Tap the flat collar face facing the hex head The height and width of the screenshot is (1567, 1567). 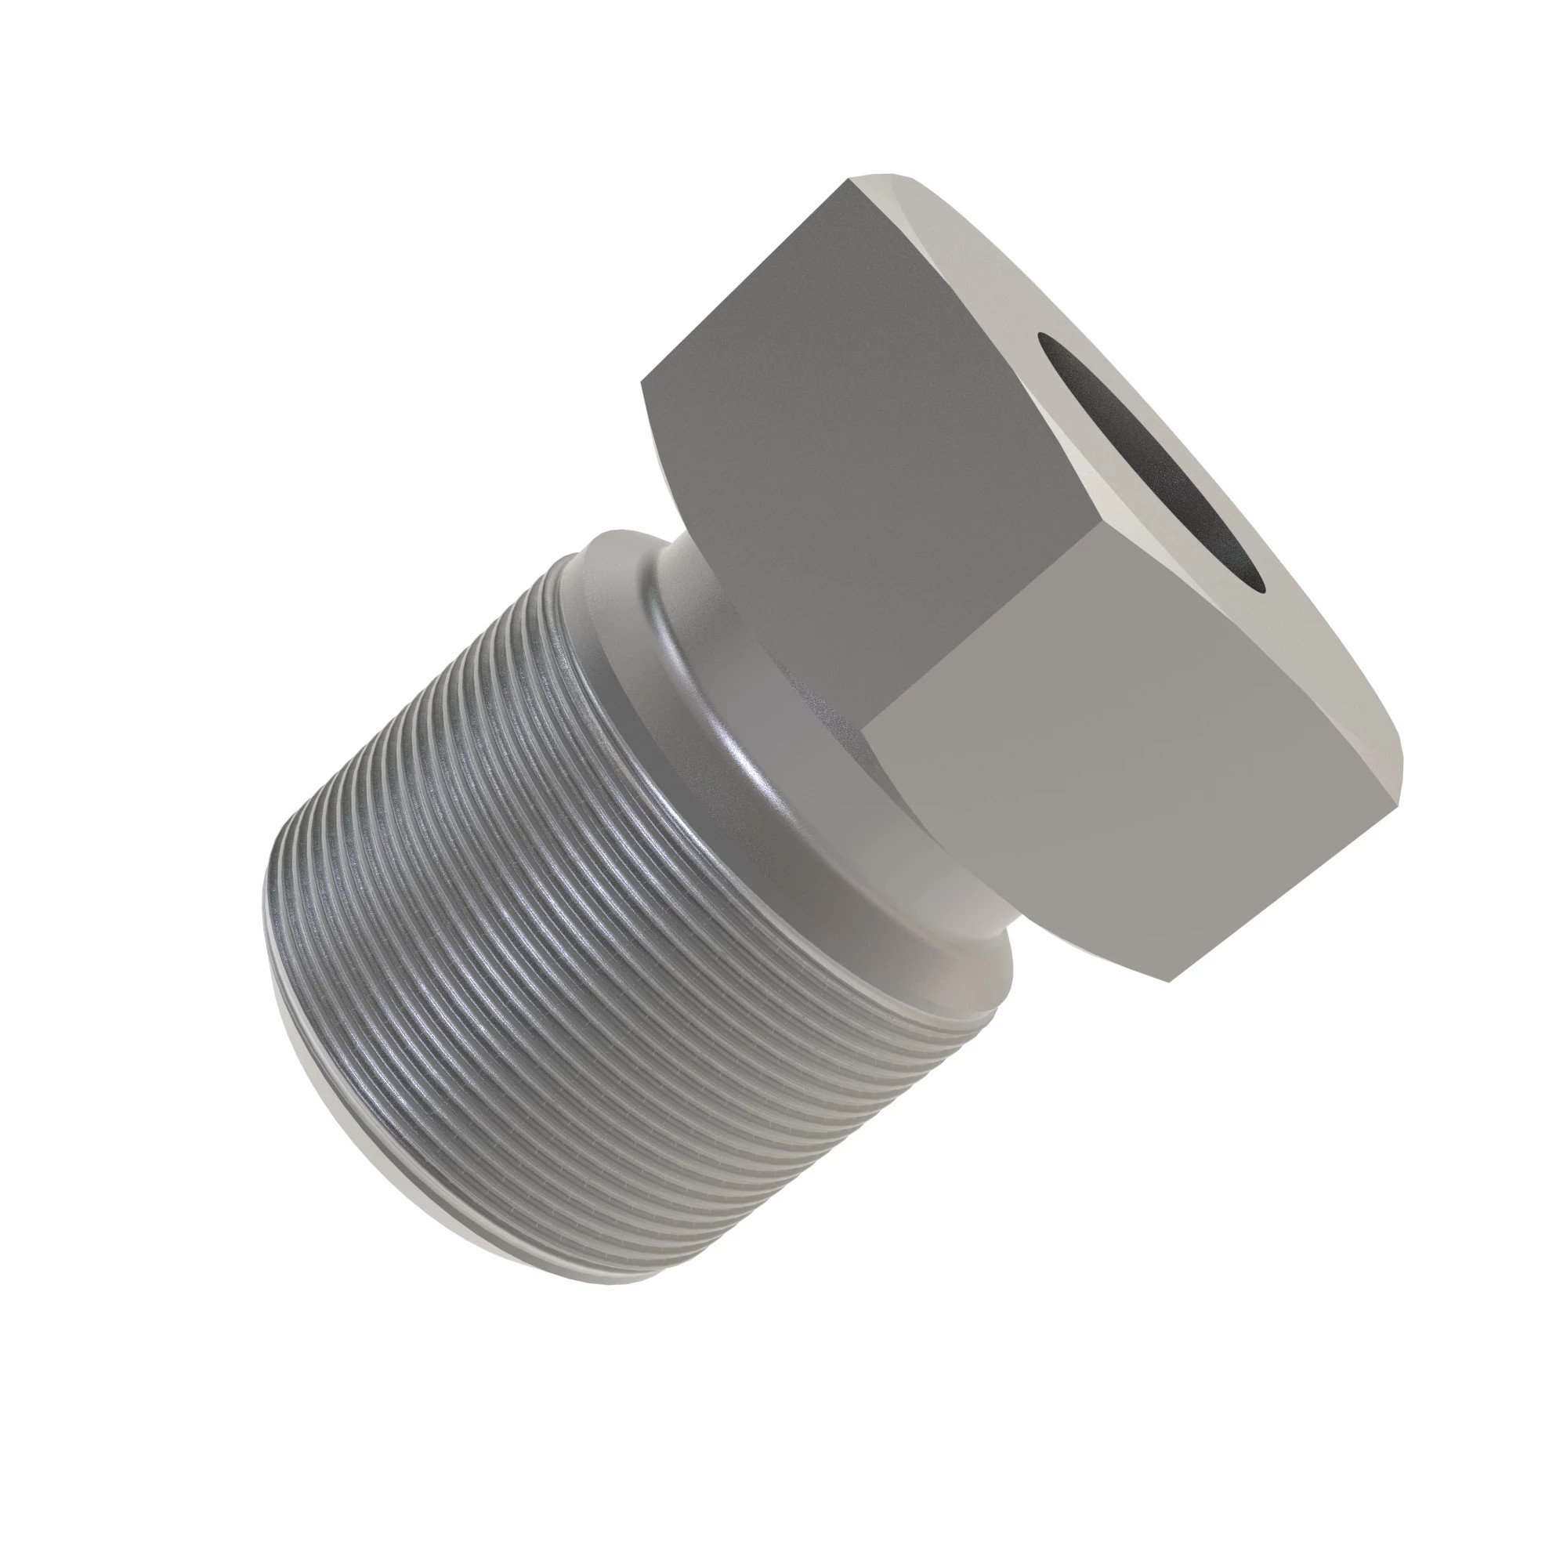[624, 600]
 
